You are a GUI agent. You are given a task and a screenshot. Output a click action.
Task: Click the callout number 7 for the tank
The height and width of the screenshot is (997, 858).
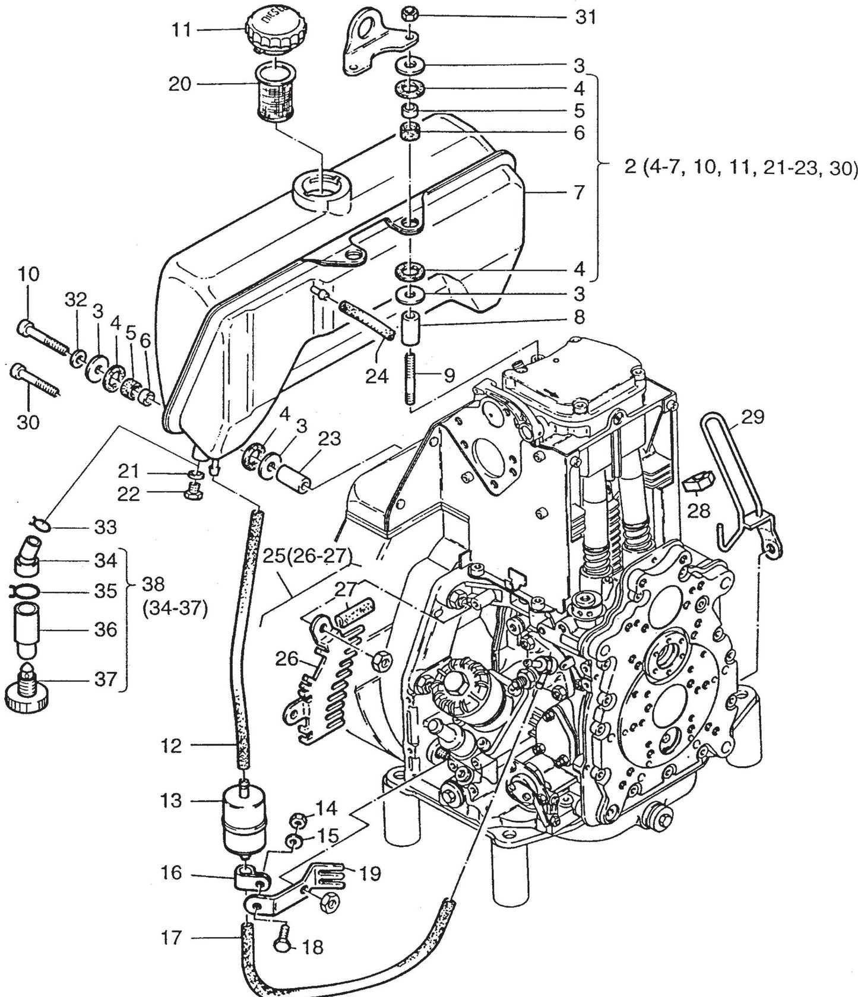579,192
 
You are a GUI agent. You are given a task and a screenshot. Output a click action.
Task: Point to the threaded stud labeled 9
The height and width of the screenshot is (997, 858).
409,377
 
